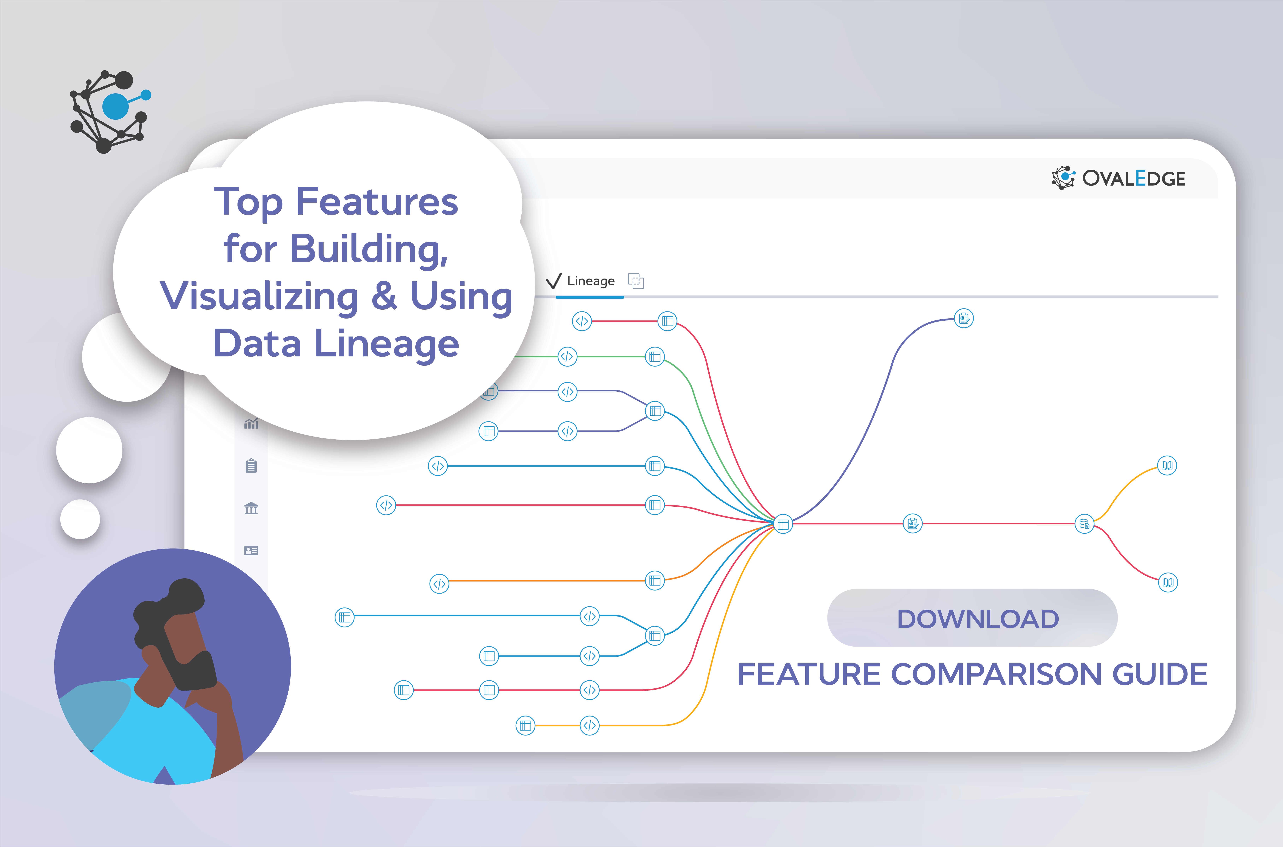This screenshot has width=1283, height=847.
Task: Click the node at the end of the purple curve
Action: pos(964,319)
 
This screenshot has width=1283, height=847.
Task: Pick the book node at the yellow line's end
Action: pos(1167,465)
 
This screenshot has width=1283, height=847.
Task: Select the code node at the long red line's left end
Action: pos(386,505)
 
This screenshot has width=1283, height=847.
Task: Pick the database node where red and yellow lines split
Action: pos(1084,523)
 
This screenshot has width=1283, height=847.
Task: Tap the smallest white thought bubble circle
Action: pos(80,519)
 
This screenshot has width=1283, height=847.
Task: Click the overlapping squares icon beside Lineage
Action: pos(636,281)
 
